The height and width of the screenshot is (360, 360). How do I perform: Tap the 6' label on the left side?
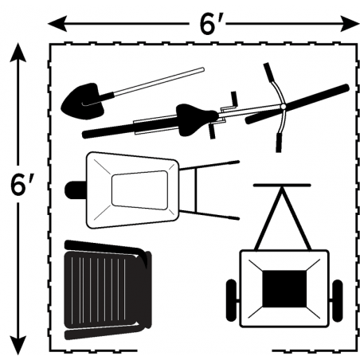[x=22, y=184]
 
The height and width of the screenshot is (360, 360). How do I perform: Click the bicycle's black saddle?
[x=196, y=119]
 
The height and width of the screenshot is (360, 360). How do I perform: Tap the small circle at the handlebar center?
[x=283, y=107]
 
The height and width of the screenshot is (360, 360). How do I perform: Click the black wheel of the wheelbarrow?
[x=76, y=190]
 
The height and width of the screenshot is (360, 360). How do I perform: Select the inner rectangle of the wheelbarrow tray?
[x=140, y=190]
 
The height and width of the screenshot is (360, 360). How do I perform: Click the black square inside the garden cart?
[x=284, y=289]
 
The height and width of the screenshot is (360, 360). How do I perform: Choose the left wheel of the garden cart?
[x=231, y=300]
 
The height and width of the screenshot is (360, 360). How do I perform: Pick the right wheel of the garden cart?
[x=337, y=300]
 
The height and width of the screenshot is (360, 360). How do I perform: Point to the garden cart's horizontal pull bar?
[x=282, y=185]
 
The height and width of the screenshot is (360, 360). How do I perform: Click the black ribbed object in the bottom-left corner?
[x=108, y=290]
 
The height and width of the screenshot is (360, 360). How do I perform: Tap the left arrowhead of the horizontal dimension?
[x=57, y=24]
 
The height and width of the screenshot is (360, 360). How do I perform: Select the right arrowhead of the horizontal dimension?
[x=350, y=24]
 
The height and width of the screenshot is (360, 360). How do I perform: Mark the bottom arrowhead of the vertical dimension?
[x=18, y=345]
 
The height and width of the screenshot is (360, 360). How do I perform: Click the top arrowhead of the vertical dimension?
[x=18, y=53]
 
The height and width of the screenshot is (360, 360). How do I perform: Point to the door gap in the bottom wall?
[x=205, y=350]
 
